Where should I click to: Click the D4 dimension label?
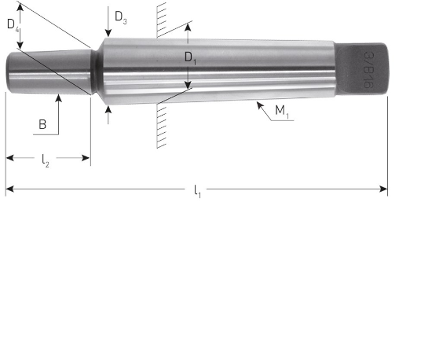coord(13,25)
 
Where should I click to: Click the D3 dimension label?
coord(119,16)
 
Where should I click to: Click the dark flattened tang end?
coord(362,69)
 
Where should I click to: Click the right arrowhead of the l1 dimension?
coord(384,189)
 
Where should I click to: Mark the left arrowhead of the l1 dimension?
coord(9,189)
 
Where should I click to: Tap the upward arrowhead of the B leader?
coord(58,98)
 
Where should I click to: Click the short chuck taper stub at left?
coord(47,72)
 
